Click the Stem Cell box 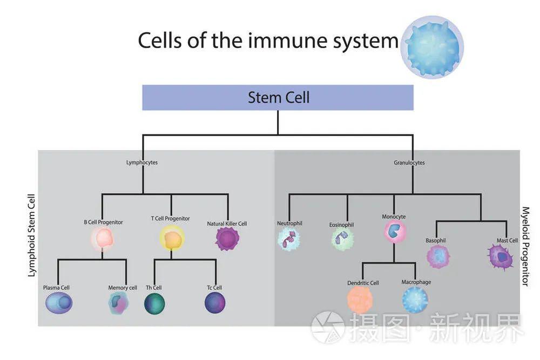(x=278, y=98)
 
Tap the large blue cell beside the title (x=431, y=46)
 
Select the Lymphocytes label (x=142, y=162)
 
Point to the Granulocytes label (x=410, y=162)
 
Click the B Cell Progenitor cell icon (x=103, y=238)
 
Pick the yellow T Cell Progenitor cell (x=172, y=238)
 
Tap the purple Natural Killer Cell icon (x=227, y=239)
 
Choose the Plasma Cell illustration (x=58, y=303)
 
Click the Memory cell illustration (x=119, y=303)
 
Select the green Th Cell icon (x=154, y=303)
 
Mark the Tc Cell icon (x=214, y=303)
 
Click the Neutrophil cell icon (x=289, y=239)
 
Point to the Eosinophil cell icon (x=342, y=239)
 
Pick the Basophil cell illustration (x=438, y=256)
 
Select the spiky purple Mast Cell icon (x=502, y=257)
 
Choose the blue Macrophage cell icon (x=415, y=300)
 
